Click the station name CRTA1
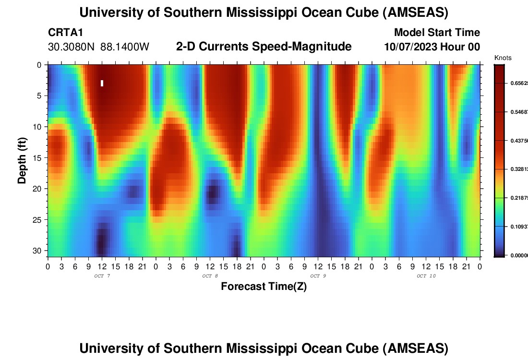point(59,33)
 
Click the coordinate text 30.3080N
point(72,47)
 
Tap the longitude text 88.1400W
point(125,47)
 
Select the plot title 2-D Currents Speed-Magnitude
point(264,47)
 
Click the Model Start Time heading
point(437,33)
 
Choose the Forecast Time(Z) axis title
point(264,287)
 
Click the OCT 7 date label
point(102,276)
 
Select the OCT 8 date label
point(210,276)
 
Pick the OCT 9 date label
point(318,276)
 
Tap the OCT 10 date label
point(426,276)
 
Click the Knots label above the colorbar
point(503,58)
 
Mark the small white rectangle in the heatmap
point(102,83)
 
